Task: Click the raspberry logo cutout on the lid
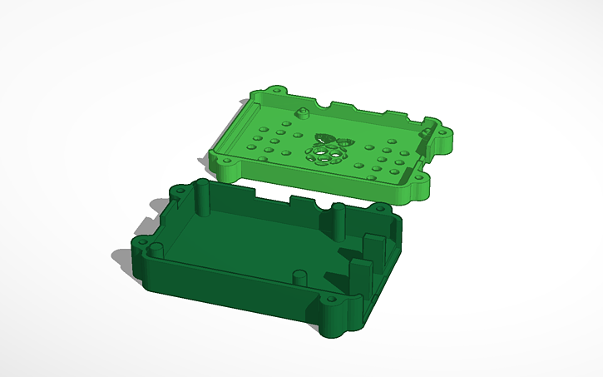point(327,151)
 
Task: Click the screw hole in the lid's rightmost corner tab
point(443,131)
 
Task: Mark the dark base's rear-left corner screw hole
point(177,190)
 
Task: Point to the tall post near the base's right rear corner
point(338,218)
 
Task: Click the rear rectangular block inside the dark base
point(372,245)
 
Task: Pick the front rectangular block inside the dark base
point(360,274)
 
